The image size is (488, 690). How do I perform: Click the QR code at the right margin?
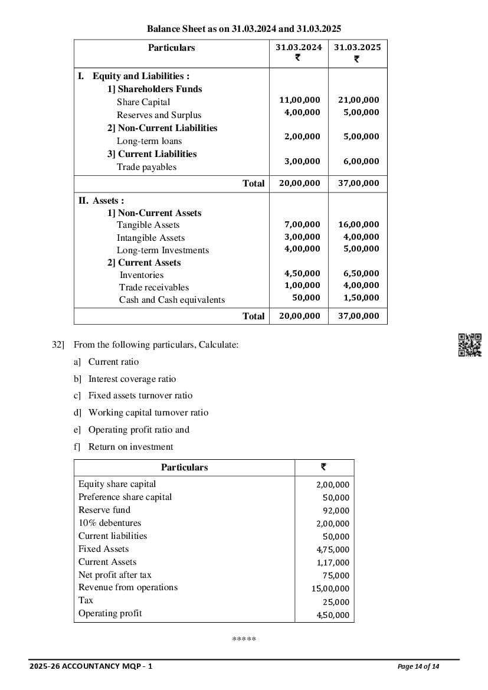[470, 345]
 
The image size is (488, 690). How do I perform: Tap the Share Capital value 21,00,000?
[358, 100]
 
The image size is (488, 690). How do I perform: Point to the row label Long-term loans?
[149, 141]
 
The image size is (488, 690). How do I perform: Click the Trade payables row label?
[146, 167]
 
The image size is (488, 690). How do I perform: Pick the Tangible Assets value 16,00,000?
[358, 224]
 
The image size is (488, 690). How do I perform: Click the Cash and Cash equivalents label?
[172, 300]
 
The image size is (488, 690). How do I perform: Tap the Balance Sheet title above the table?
[244, 28]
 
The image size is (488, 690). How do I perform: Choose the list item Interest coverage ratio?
[132, 379]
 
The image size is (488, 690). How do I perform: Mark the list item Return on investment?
[130, 447]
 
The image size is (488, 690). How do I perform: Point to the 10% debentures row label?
[110, 523]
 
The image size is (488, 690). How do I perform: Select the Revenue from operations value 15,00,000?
[330, 588]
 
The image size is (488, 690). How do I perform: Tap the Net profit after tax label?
[115, 575]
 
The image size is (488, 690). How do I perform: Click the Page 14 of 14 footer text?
[418, 667]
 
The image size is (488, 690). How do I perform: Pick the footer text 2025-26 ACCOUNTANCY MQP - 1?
[91, 667]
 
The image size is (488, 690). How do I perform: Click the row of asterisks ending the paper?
[244, 639]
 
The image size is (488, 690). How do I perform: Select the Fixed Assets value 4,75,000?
[333, 550]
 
